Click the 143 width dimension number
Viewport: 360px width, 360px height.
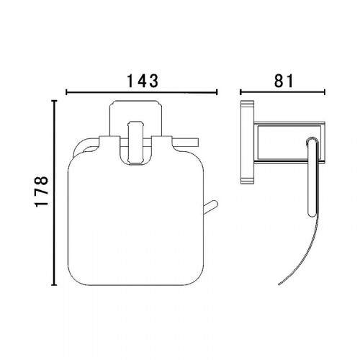(x=143, y=80)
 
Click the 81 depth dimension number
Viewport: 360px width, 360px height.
(x=284, y=80)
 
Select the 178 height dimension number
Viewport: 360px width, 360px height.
(x=42, y=192)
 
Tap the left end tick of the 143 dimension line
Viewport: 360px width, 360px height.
(x=66, y=92)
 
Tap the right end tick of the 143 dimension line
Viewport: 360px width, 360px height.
(x=217, y=92)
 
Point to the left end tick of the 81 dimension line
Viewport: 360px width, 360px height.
(x=240, y=92)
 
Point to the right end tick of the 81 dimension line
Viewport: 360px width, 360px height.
(x=325, y=92)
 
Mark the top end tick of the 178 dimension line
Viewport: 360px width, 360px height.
(x=55, y=101)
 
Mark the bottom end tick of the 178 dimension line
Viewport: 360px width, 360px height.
(x=55, y=285)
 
